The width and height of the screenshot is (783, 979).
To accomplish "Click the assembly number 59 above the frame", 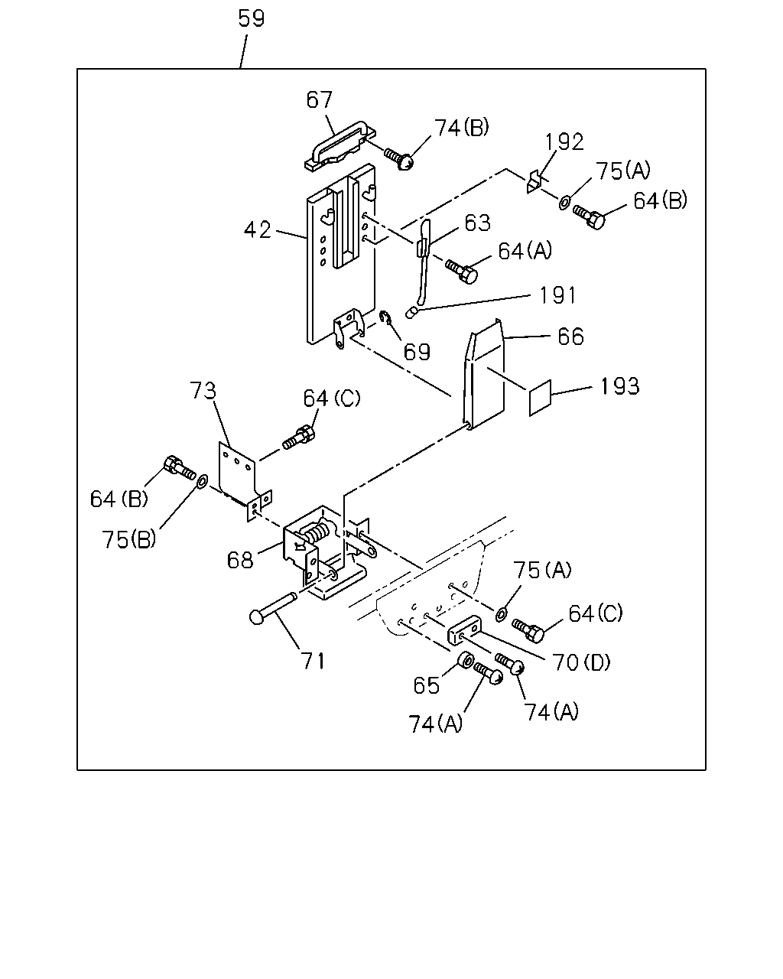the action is click(x=251, y=18).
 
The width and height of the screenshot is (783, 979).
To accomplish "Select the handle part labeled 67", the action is click(x=340, y=146).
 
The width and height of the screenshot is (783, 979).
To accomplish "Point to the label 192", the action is click(x=564, y=142).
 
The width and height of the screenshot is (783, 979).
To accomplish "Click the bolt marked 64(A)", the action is click(x=461, y=271).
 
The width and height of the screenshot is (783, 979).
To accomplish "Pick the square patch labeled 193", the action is click(x=540, y=398).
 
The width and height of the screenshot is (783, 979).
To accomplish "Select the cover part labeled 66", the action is click(x=483, y=374).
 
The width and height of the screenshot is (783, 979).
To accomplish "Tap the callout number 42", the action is click(x=258, y=229).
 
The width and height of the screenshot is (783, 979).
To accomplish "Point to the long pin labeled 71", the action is click(x=273, y=608).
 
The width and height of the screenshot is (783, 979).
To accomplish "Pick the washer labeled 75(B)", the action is click(x=202, y=480).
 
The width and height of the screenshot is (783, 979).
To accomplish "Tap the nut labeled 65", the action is click(x=466, y=660).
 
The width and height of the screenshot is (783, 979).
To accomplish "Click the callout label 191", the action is click(x=557, y=295).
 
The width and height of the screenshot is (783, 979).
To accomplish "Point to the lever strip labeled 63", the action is click(x=424, y=264).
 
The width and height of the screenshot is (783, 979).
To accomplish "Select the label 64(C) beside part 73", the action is click(x=332, y=398).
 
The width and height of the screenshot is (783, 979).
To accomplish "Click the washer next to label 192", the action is click(x=564, y=203).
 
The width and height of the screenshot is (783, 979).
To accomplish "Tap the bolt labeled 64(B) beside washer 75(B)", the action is click(x=179, y=467).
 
